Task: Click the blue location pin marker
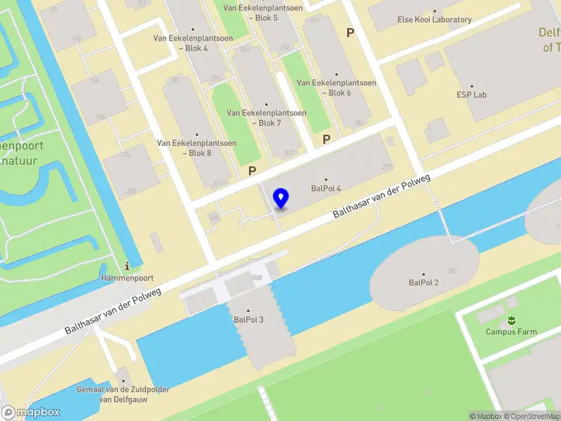281,199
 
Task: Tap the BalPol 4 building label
326,188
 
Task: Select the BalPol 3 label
248,319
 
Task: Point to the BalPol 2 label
424,282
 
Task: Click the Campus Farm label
512,331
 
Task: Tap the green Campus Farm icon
512,320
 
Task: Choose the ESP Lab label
471,94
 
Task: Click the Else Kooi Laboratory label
434,20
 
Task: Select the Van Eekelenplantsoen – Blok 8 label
196,147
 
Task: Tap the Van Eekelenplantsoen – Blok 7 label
266,117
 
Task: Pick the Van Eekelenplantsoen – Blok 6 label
337,87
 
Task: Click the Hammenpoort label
127,278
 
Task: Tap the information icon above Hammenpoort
127,266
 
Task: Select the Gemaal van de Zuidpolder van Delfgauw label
124,394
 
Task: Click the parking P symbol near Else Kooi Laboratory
350,32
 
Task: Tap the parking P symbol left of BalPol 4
252,171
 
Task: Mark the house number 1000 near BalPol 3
255,278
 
